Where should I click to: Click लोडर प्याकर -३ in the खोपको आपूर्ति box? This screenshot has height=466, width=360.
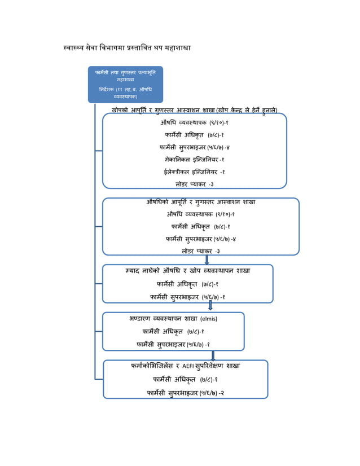click(x=194, y=184)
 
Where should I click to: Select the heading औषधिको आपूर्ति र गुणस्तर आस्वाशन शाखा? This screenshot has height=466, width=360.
click(x=200, y=202)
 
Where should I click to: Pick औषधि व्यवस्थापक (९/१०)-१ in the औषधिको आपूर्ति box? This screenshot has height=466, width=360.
click(x=200, y=214)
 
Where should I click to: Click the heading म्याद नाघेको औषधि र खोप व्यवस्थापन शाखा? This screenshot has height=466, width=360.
click(x=187, y=271)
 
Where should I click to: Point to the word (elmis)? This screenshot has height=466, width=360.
click(x=209, y=319)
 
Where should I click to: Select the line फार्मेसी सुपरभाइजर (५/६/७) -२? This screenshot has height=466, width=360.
click(x=186, y=392)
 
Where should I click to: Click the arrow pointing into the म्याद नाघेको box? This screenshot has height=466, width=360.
click(x=207, y=260)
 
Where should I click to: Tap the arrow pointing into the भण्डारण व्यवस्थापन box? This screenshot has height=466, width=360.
click(x=210, y=306)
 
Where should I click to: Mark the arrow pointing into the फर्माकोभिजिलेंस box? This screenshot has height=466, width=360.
click(x=213, y=355)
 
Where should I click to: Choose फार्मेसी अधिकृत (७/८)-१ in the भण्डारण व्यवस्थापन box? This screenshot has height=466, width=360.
click(x=173, y=332)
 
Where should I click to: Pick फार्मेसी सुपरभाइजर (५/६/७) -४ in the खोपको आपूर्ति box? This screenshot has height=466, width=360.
click(x=194, y=147)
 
